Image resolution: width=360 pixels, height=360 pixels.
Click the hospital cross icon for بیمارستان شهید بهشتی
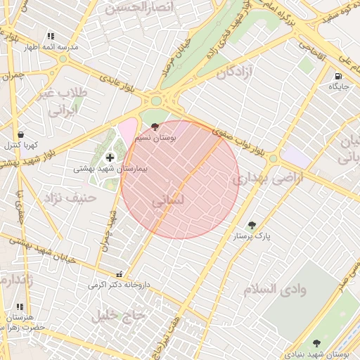tap(109, 157)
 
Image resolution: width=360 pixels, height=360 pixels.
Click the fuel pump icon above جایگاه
tap(339, 76)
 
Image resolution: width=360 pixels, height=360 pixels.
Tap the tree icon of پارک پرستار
tap(252, 226)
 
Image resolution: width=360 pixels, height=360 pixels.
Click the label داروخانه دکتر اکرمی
tap(120, 285)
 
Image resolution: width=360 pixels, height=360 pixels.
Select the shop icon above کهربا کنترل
tap(20, 134)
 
